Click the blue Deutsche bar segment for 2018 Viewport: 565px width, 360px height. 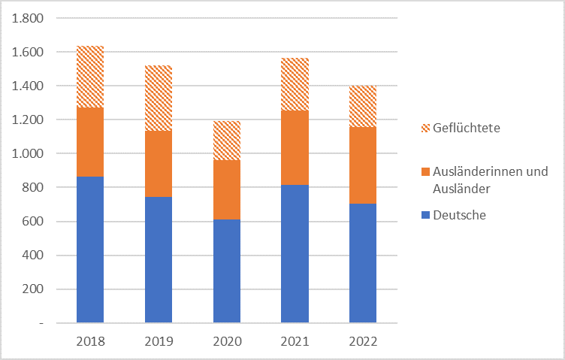90,250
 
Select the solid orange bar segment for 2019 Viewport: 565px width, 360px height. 159,164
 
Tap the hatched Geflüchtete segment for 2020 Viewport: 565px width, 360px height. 227,141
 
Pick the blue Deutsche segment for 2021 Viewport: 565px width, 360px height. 295,253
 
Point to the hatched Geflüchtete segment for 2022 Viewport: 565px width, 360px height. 363,106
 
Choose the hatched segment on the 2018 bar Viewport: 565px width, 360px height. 90,77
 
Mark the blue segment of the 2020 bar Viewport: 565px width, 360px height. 227,271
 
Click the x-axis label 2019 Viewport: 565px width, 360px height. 159,341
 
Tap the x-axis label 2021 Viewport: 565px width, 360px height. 295,341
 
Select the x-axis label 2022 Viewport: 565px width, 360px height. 363,341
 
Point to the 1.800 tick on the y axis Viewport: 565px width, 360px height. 29,19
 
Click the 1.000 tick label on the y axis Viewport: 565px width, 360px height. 29,154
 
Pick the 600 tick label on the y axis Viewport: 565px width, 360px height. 33,222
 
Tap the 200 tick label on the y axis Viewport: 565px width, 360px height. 33,289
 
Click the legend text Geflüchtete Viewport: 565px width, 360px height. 466,129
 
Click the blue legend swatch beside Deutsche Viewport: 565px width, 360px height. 426,216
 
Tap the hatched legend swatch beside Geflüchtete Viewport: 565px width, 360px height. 426,129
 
